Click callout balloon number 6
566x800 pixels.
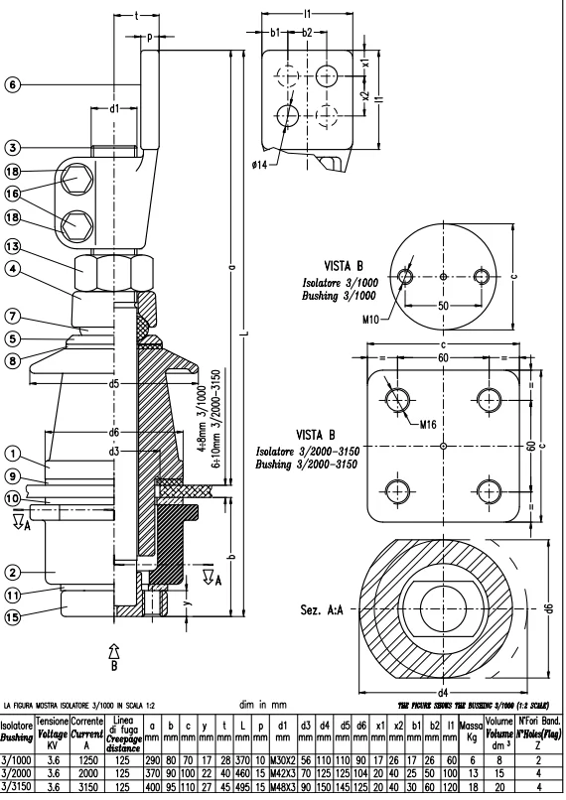click(x=13, y=85)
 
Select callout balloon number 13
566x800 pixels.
click(x=13, y=245)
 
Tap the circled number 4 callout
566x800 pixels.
click(x=13, y=267)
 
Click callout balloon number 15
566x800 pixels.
click(x=13, y=616)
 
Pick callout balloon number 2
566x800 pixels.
click(x=13, y=572)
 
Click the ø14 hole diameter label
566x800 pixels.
click(x=263, y=162)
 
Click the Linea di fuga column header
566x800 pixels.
click(x=124, y=731)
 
